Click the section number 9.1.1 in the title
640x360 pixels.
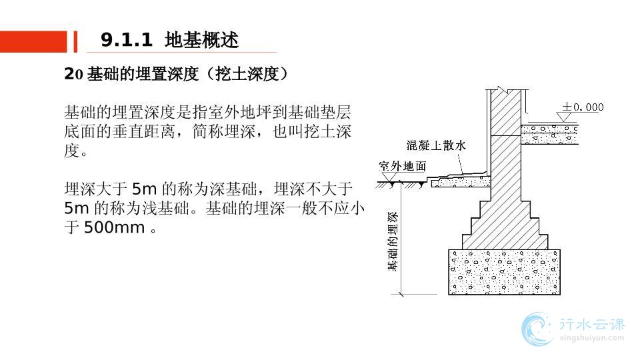click(126, 40)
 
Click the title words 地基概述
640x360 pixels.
click(201, 40)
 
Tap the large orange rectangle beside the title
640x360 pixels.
click(33, 41)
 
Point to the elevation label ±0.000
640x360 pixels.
click(583, 107)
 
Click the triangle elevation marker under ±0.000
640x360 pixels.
click(564, 117)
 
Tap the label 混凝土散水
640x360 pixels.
click(436, 145)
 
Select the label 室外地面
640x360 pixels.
click(403, 166)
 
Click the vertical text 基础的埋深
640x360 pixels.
click(392, 241)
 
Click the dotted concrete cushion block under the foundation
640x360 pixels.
click(505, 272)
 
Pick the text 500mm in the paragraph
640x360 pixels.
click(114, 227)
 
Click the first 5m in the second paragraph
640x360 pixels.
click(145, 189)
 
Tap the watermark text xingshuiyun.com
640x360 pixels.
click(592, 337)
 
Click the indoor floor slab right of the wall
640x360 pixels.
click(549, 135)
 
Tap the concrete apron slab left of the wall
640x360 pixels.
click(461, 181)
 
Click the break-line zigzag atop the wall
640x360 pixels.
click(501, 89)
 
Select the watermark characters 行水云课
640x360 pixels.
click(592, 325)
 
